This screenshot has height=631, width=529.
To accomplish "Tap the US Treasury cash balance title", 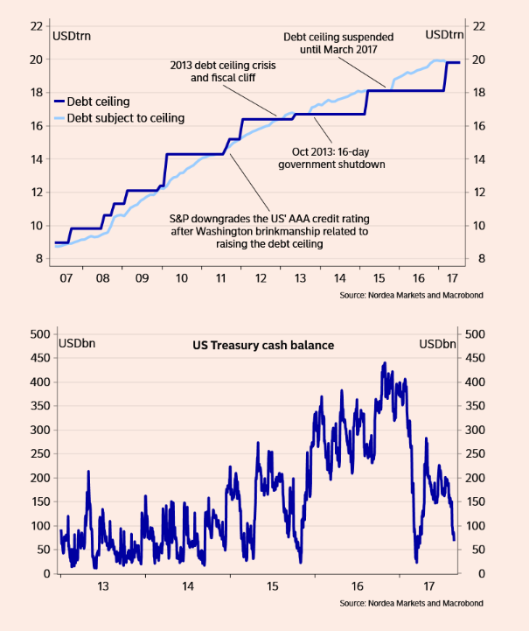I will [x=263, y=345].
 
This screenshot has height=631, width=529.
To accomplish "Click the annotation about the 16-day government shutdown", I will [x=331, y=158].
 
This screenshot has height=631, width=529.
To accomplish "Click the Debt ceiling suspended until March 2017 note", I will [x=338, y=44].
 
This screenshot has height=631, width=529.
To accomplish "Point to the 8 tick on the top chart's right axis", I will [x=478, y=258].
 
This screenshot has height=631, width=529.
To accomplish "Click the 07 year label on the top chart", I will [x=65, y=277].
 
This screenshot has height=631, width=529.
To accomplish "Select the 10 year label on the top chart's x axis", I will [x=181, y=277].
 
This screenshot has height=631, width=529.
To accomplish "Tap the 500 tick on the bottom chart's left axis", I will [x=38, y=333].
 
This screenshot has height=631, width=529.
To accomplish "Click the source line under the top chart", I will [x=411, y=296].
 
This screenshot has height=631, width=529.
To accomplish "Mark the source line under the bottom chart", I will [x=411, y=604].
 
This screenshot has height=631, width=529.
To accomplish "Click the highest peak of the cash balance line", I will [x=384, y=362].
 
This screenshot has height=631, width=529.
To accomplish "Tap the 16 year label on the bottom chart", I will [x=357, y=585].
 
